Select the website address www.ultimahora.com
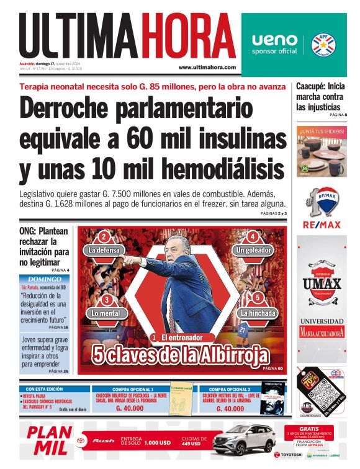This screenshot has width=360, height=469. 207,67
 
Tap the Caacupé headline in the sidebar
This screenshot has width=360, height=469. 320,97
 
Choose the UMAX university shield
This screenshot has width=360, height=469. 322,283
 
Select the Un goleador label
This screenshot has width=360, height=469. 253,250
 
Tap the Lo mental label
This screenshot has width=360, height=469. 106,313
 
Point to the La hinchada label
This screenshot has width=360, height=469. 258,313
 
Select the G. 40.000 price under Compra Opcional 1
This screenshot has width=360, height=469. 130,409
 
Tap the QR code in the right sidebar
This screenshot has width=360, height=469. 335,395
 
